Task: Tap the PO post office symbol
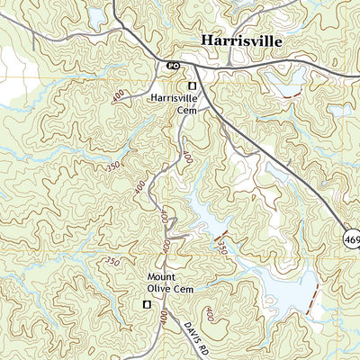point(170,65)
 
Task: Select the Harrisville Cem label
point(173,103)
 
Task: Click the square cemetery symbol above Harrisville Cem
point(191,86)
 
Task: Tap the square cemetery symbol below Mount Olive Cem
point(146,306)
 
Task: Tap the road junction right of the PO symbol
point(193,67)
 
